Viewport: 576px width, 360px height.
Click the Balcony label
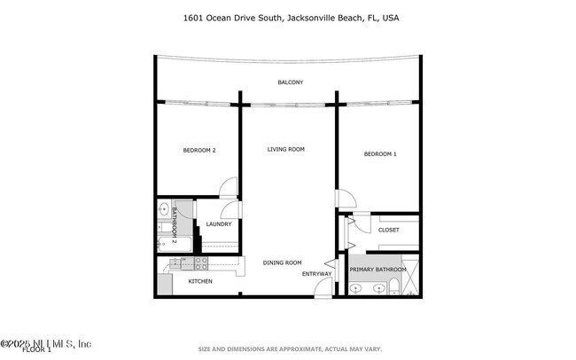pos(290,82)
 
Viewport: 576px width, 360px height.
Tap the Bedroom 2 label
pos(199,151)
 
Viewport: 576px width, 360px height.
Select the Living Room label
pos(285,149)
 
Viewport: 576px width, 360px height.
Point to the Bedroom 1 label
pos(379,154)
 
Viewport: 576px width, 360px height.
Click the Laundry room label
pos(218,224)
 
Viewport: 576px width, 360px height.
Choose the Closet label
pos(388,230)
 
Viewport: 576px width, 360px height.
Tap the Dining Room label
pos(282,262)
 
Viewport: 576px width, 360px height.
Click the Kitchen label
pos(199,281)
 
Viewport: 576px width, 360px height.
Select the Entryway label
pos(316,274)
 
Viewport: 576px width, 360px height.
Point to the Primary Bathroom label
pos(378,270)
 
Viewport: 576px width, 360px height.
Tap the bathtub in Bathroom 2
pos(166,235)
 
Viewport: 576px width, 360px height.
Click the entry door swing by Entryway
pos(331,264)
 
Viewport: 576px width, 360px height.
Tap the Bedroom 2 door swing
pos(229,187)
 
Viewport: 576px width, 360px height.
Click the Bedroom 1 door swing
pos(344,201)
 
